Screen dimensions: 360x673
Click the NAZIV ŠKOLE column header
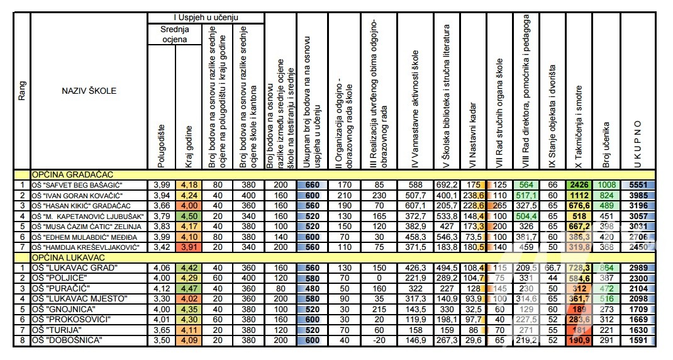pos(89,91)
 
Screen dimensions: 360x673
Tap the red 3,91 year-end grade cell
pos(189,247)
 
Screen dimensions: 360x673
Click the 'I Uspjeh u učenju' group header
pos(206,18)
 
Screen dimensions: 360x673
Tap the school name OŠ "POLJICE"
pos(58,278)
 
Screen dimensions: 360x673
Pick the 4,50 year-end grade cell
pos(189,216)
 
